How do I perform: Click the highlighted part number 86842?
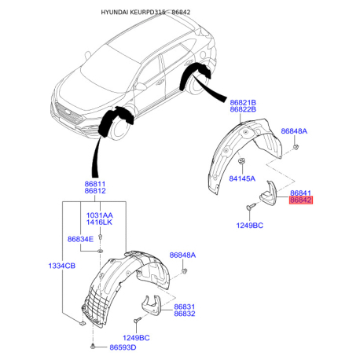tap(301, 200)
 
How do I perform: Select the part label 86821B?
tap(243, 102)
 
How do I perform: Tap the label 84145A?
tap(242, 178)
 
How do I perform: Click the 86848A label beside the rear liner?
tap(294, 131)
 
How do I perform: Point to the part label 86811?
tap(95, 184)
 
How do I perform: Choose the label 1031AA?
tap(100, 215)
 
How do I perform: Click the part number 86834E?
tap(80, 239)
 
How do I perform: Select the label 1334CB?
tap(62, 266)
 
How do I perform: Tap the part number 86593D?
tap(123, 347)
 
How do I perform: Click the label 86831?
tap(185, 307)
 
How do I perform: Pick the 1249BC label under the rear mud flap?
tap(250, 226)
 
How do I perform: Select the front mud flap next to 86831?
tap(151, 306)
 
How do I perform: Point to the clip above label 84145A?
tap(241, 160)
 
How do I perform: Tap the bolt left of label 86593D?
tap(93, 347)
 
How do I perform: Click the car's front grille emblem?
tap(68, 112)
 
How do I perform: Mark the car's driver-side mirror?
tap(140, 86)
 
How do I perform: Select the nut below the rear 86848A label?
tap(296, 147)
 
